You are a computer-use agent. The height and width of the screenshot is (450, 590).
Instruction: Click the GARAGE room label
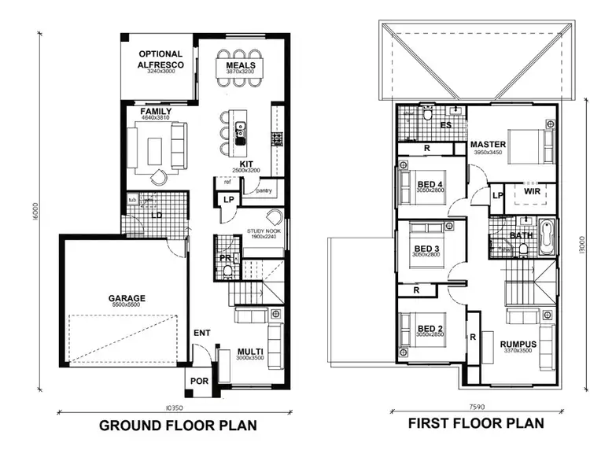127,298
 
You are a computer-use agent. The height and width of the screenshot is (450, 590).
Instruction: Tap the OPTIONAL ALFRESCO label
160,59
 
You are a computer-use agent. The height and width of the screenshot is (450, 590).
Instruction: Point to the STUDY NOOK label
264,231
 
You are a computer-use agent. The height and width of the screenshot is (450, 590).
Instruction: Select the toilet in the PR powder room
227,271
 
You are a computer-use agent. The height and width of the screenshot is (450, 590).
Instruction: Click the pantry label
264,190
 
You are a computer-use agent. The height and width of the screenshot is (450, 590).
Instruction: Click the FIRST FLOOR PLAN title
475,423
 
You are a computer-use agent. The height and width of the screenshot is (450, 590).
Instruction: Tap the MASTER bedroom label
488,145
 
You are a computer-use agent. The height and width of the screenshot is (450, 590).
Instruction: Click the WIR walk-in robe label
532,190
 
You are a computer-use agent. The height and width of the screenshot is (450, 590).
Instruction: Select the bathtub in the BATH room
548,237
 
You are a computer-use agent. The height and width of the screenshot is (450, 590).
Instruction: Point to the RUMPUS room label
518,344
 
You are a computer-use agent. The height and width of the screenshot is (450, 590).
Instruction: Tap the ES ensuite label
445,125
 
